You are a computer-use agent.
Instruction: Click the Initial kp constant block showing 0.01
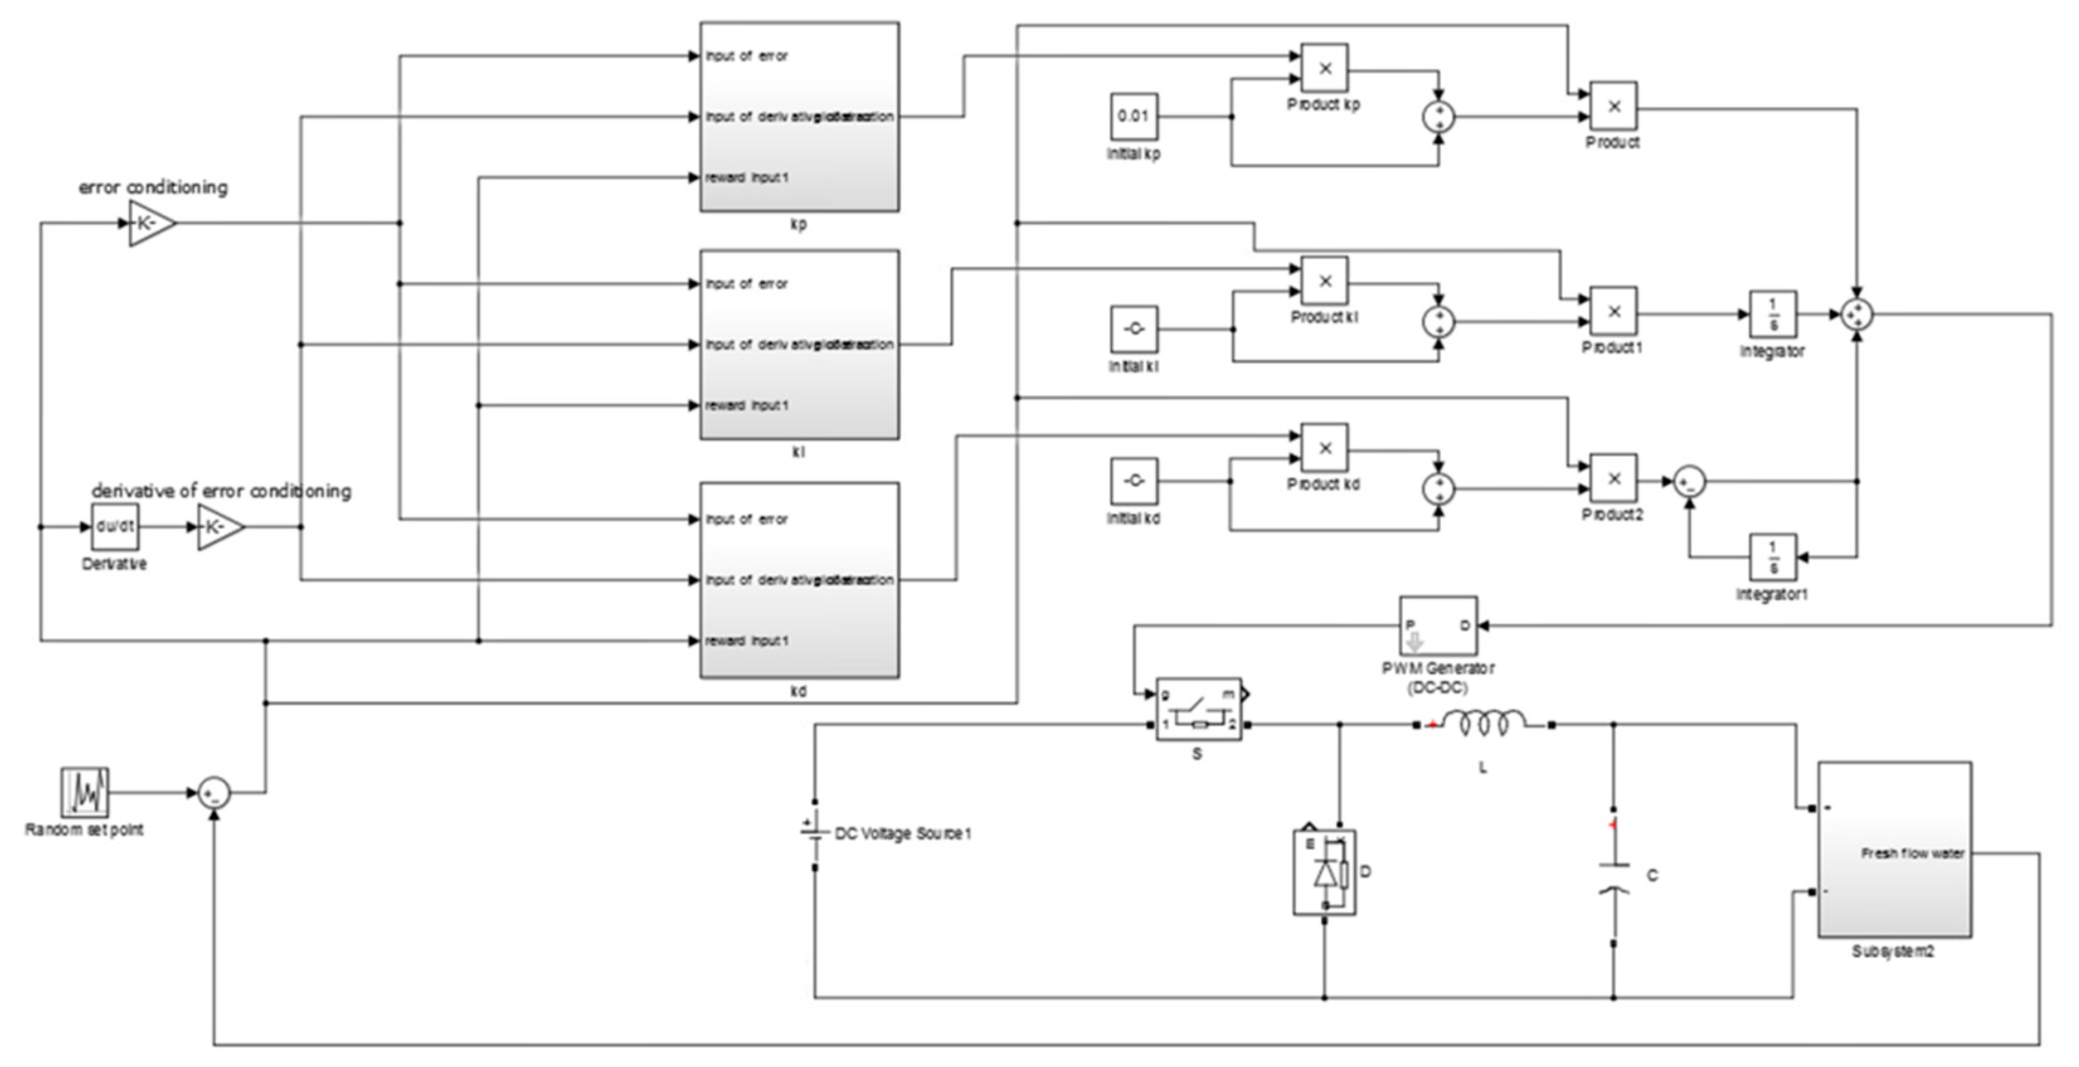click(x=1133, y=116)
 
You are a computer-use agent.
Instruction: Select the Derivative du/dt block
click(x=115, y=527)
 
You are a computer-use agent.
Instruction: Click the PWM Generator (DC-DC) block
click(x=1438, y=626)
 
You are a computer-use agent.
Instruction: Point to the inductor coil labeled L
click(x=1484, y=723)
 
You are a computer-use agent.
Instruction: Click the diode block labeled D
click(x=1324, y=872)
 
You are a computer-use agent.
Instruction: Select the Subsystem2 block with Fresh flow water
click(x=1893, y=849)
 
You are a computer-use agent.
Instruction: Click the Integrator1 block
click(x=1772, y=557)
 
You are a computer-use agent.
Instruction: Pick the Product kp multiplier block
click(x=1324, y=68)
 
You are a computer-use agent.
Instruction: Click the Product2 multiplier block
click(x=1613, y=478)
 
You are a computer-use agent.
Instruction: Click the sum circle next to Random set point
click(x=214, y=793)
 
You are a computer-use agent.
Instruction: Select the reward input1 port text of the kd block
click(x=747, y=641)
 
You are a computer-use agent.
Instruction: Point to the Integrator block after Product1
click(x=1772, y=314)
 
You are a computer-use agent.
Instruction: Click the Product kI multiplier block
click(x=1324, y=281)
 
